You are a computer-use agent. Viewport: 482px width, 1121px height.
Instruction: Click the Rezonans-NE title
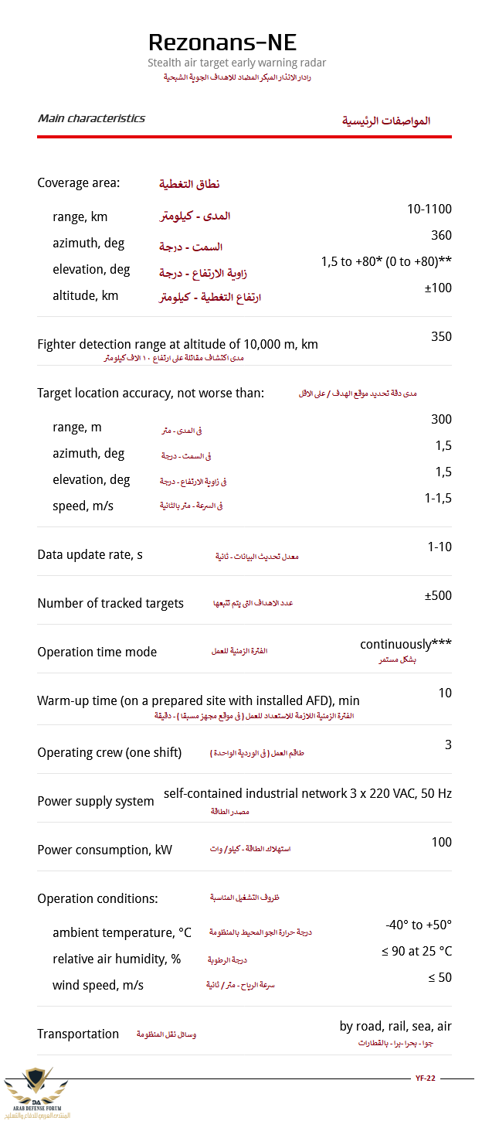point(222,42)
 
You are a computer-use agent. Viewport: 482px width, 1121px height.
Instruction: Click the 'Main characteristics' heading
point(91,118)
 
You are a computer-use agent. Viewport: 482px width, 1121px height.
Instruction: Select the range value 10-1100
point(429,209)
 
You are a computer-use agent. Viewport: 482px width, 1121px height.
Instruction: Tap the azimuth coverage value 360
point(442,235)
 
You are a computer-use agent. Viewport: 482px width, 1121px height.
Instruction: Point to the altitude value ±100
point(438,288)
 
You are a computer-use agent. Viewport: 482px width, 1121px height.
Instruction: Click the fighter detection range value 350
point(442,336)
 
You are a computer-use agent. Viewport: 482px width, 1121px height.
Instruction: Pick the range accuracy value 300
point(442,419)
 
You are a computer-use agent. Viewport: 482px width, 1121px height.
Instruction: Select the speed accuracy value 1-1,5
point(438,498)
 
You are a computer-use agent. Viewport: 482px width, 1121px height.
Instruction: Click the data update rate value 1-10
point(440,547)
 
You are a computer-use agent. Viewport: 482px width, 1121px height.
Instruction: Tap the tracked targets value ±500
point(438,595)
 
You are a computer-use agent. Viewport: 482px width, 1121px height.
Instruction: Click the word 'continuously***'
point(406,644)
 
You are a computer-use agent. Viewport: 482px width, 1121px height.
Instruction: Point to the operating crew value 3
point(448,744)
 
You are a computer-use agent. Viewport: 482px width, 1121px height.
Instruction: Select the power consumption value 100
point(442,842)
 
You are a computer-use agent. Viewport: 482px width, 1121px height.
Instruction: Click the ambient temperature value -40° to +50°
point(419,925)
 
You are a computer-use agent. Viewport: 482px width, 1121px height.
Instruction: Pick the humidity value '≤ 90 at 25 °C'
point(416,951)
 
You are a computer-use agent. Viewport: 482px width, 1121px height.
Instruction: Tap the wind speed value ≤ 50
point(440,977)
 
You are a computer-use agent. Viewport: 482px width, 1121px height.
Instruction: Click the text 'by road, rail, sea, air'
point(395,1026)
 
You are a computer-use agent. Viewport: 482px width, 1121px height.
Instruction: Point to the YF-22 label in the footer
point(426,1078)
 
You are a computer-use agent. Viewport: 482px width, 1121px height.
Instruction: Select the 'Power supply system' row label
point(96,801)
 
